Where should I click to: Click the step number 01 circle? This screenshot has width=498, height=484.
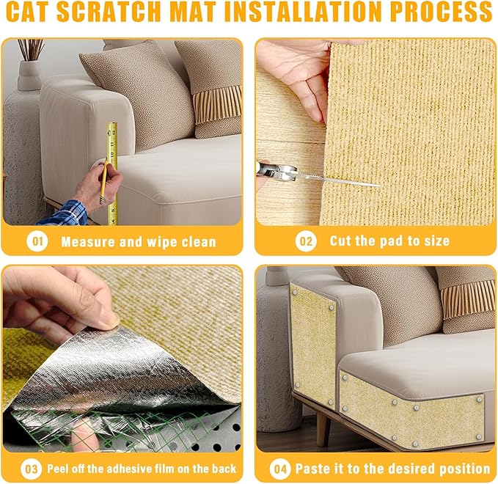pos(37,241)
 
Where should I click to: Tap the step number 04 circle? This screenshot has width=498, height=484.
pos(279,468)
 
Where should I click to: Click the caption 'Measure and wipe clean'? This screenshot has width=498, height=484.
pos(139,241)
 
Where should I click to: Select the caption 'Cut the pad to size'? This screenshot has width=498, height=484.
pos(389,241)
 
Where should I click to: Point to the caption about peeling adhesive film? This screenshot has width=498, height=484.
pos(142,468)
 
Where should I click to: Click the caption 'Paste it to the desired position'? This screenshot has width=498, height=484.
pos(392,468)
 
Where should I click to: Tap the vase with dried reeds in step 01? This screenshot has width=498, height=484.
pos(29,66)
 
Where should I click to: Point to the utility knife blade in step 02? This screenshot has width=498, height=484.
pos(330,177)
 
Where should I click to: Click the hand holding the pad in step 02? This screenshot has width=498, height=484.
pos(293,73)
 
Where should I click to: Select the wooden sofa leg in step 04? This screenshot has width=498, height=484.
pos(321,429)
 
